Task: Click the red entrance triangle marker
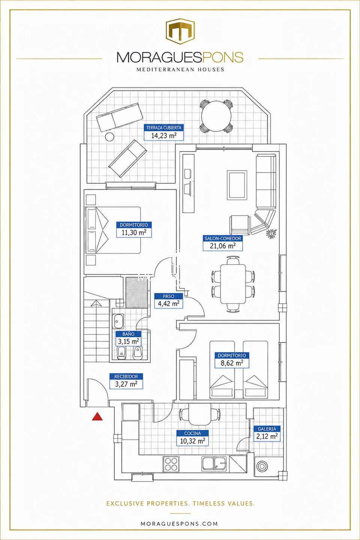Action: (x=97, y=417)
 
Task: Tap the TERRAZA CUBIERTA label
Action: (x=164, y=128)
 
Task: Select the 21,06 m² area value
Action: (x=222, y=246)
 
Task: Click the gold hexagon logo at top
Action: (x=180, y=31)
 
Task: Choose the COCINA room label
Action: (x=192, y=433)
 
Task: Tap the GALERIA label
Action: (x=267, y=429)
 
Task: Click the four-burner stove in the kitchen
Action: (x=171, y=464)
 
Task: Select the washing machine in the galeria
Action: (x=262, y=466)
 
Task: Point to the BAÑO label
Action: (x=128, y=334)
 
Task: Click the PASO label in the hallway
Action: (x=168, y=296)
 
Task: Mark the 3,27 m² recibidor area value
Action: (x=126, y=384)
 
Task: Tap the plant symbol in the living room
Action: (x=271, y=233)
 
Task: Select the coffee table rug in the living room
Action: (x=237, y=185)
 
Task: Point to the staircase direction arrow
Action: (x=96, y=303)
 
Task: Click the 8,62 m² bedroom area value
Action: (x=232, y=363)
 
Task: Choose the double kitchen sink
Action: (x=214, y=463)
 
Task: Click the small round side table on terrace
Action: (x=109, y=136)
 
